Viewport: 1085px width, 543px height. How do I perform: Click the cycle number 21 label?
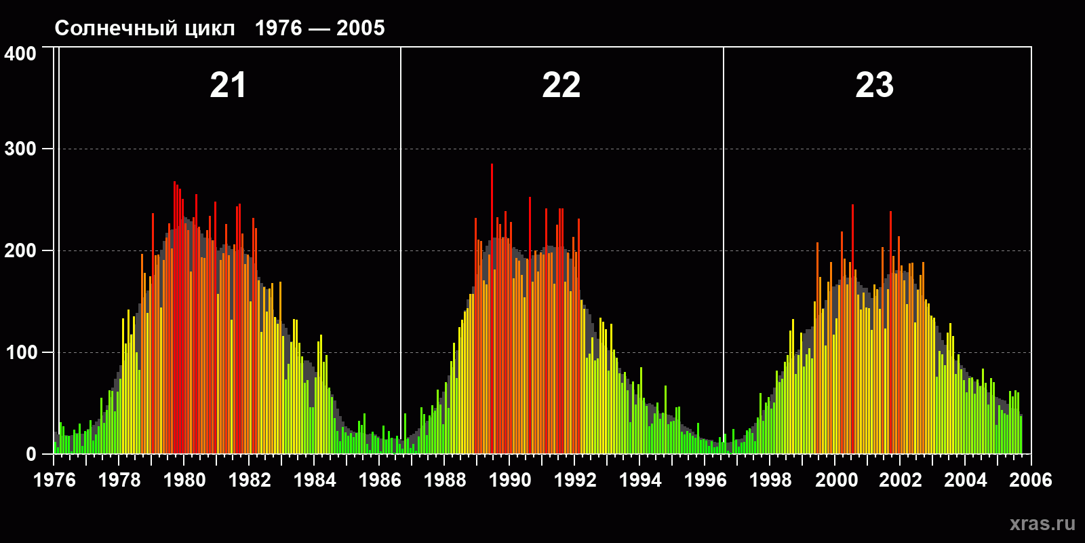[228, 86]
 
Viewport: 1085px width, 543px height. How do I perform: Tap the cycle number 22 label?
[561, 86]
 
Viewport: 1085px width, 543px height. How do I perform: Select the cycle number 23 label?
[874, 86]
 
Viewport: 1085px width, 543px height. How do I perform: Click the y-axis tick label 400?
[20, 54]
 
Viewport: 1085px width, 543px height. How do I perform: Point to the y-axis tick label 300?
[20, 149]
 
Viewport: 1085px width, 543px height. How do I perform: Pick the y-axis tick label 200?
[20, 250]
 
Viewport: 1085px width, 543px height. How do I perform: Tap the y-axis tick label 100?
[20, 352]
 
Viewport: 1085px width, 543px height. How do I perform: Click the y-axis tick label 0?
[31, 454]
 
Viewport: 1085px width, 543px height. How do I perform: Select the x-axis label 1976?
[54, 480]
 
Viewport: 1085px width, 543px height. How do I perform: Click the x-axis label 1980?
[184, 480]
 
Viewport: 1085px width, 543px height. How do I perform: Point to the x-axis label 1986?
[380, 480]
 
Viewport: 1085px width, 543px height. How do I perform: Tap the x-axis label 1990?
[510, 480]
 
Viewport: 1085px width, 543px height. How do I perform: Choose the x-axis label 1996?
[705, 480]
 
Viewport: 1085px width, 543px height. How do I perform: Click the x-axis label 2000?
[836, 480]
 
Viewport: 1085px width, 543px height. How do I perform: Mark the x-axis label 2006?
[1031, 480]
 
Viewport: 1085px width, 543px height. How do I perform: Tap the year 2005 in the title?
[360, 28]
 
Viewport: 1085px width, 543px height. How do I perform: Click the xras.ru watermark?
[1042, 523]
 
